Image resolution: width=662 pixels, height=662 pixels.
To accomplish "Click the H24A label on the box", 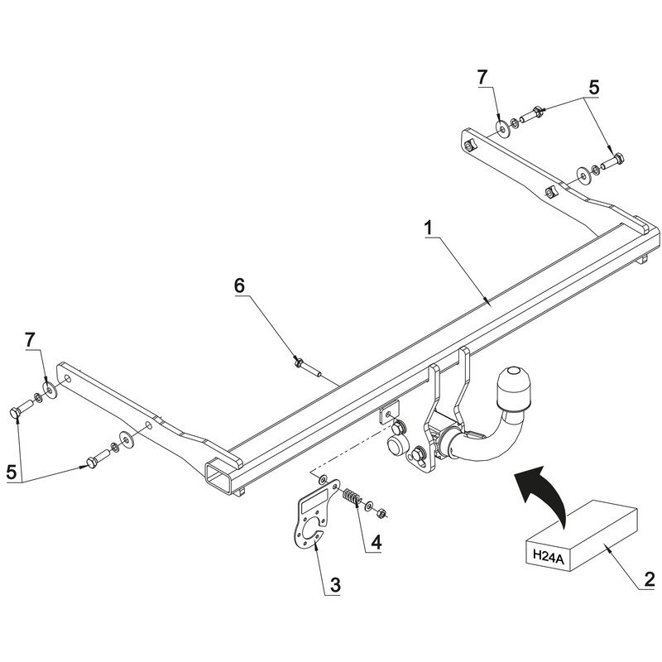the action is pyautogui.click(x=548, y=554).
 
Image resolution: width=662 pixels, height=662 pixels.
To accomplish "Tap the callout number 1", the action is pyautogui.click(x=429, y=228).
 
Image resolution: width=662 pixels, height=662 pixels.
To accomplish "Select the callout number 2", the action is pyautogui.click(x=650, y=579).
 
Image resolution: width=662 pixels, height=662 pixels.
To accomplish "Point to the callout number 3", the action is pyautogui.click(x=335, y=586).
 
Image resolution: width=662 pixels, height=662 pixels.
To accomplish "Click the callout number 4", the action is pyautogui.click(x=377, y=542).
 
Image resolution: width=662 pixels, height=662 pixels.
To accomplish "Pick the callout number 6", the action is pyautogui.click(x=239, y=285).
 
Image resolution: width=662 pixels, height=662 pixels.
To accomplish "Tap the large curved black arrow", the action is pyautogui.click(x=543, y=496).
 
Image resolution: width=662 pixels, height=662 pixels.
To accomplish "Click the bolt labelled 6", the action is pyautogui.click(x=307, y=367).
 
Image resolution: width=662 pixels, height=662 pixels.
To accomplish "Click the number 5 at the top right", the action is pyautogui.click(x=593, y=88).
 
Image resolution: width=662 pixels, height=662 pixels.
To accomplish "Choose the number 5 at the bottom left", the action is pyautogui.click(x=12, y=472).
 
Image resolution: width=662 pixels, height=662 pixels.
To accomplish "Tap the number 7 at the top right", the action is pyautogui.click(x=482, y=78).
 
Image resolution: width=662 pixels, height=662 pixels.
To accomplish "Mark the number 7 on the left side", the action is pyautogui.click(x=30, y=340).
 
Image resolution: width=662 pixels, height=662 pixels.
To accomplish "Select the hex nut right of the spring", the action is pyautogui.click(x=381, y=513).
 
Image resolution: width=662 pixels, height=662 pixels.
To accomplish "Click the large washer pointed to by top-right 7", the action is pyautogui.click(x=502, y=128).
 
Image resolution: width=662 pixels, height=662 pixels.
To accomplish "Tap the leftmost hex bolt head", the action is pyautogui.click(x=14, y=414).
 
